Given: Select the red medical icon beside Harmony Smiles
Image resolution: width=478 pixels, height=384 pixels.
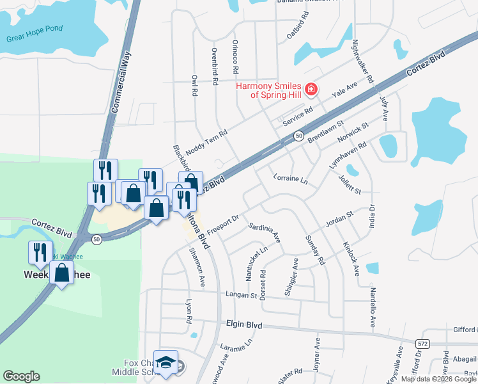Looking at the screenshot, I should [311, 89].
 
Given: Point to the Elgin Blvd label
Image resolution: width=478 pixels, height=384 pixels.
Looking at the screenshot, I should [244, 324].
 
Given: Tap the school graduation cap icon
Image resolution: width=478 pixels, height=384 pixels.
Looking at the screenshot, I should [166, 363].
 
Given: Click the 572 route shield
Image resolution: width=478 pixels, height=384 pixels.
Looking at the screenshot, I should [422, 344].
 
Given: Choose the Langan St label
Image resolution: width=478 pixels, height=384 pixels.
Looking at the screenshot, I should [240, 296].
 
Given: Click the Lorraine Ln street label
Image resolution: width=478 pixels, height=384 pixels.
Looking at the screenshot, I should [290, 179].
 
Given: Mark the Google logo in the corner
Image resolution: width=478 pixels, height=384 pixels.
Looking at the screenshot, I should [21, 376].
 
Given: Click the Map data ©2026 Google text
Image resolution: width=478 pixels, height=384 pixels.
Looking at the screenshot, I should [438, 379].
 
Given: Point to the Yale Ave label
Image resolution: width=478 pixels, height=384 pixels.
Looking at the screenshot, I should [344, 90].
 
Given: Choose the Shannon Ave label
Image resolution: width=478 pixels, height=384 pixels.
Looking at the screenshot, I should [196, 266].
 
